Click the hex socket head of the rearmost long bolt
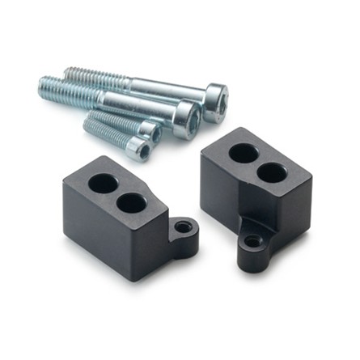[x=215, y=101]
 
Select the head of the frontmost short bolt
[x=140, y=149]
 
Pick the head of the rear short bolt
[x=150, y=131]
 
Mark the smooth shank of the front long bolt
[x=142, y=104]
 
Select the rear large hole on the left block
[x=102, y=183]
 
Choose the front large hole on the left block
[x=130, y=203]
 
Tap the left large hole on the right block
[x=244, y=153]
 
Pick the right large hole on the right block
[x=273, y=172]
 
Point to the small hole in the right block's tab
[x=253, y=241]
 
